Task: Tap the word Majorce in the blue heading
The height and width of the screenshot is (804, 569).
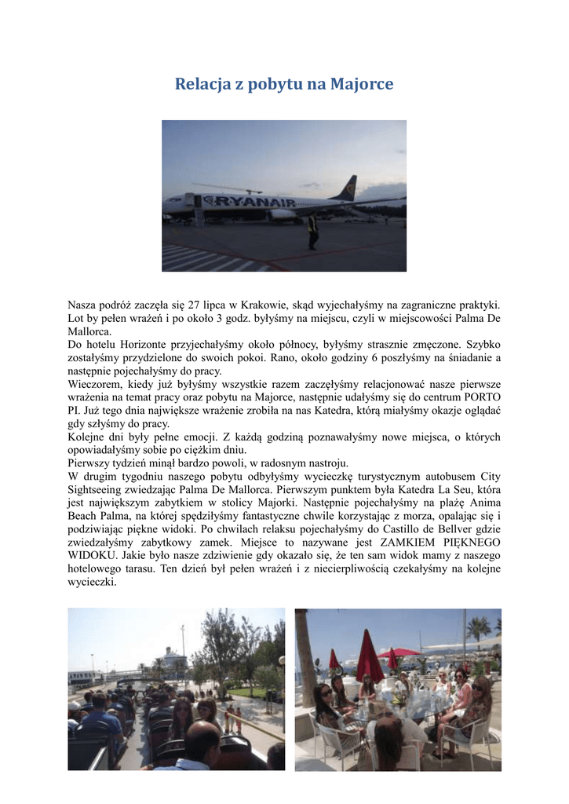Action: pyautogui.click(x=362, y=83)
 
